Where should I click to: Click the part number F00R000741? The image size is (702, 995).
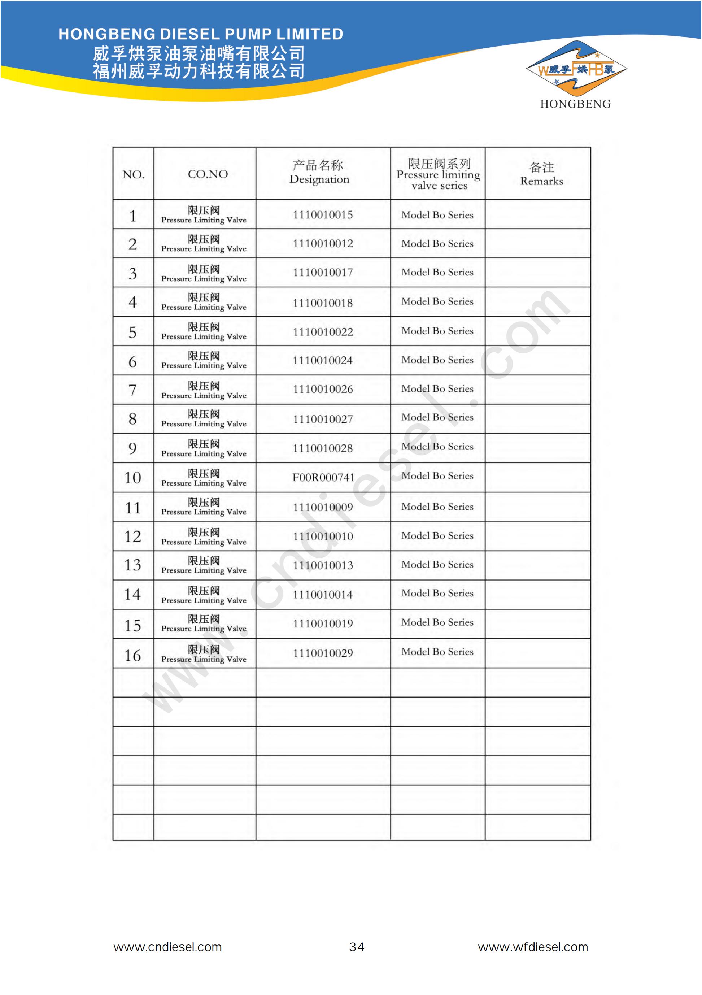pos(323,478)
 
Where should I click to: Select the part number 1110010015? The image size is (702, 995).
pos(323,214)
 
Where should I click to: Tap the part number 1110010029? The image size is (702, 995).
pos(323,653)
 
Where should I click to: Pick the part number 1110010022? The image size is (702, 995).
pos(323,332)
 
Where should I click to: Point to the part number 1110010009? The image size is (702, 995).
pos(323,507)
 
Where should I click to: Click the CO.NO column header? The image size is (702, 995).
pos(208,174)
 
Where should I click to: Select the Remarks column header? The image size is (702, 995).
pos(542,174)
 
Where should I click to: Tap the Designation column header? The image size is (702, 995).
pos(319,173)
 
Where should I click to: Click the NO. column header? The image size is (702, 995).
pos(133,175)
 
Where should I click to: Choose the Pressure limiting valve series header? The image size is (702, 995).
pos(439,174)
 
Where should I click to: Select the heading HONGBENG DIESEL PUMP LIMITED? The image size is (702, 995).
pos(201,34)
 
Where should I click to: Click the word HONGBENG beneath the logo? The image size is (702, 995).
pos(575,104)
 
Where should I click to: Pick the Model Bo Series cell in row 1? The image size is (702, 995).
pos(437,215)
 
